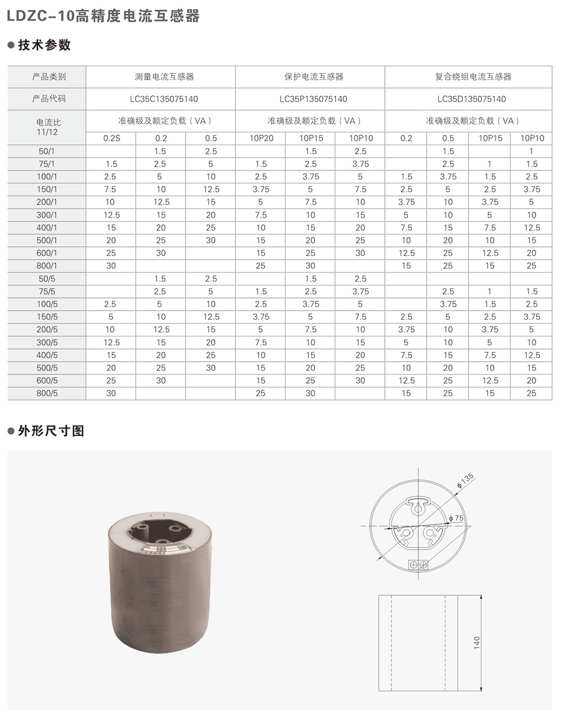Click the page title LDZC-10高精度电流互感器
(103, 16)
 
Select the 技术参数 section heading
(44, 45)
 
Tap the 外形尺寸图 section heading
(51, 431)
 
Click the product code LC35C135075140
(164, 99)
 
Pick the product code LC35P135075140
(313, 99)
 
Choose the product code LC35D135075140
(471, 99)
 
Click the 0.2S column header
(112, 139)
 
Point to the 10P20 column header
(261, 139)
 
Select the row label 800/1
(47, 266)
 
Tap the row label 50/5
(47, 279)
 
